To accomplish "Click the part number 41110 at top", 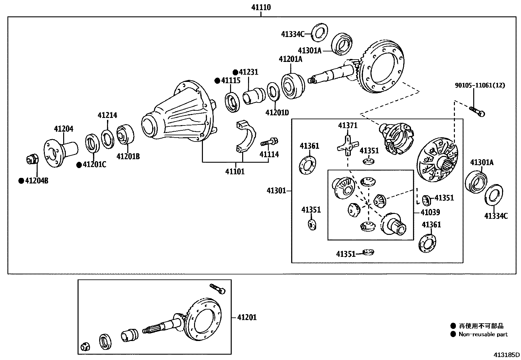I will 261,7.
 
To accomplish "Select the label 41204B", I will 36,181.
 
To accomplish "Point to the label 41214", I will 107,115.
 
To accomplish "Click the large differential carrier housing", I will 178,115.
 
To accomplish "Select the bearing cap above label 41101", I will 245,138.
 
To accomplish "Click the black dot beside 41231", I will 235,72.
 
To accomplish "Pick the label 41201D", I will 277,113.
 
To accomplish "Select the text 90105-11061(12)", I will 480,85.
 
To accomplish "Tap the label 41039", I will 430,212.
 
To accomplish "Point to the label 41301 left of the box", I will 276,190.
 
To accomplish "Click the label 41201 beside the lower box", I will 247,317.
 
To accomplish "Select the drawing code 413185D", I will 507,355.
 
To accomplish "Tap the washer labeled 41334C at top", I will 320,32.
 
